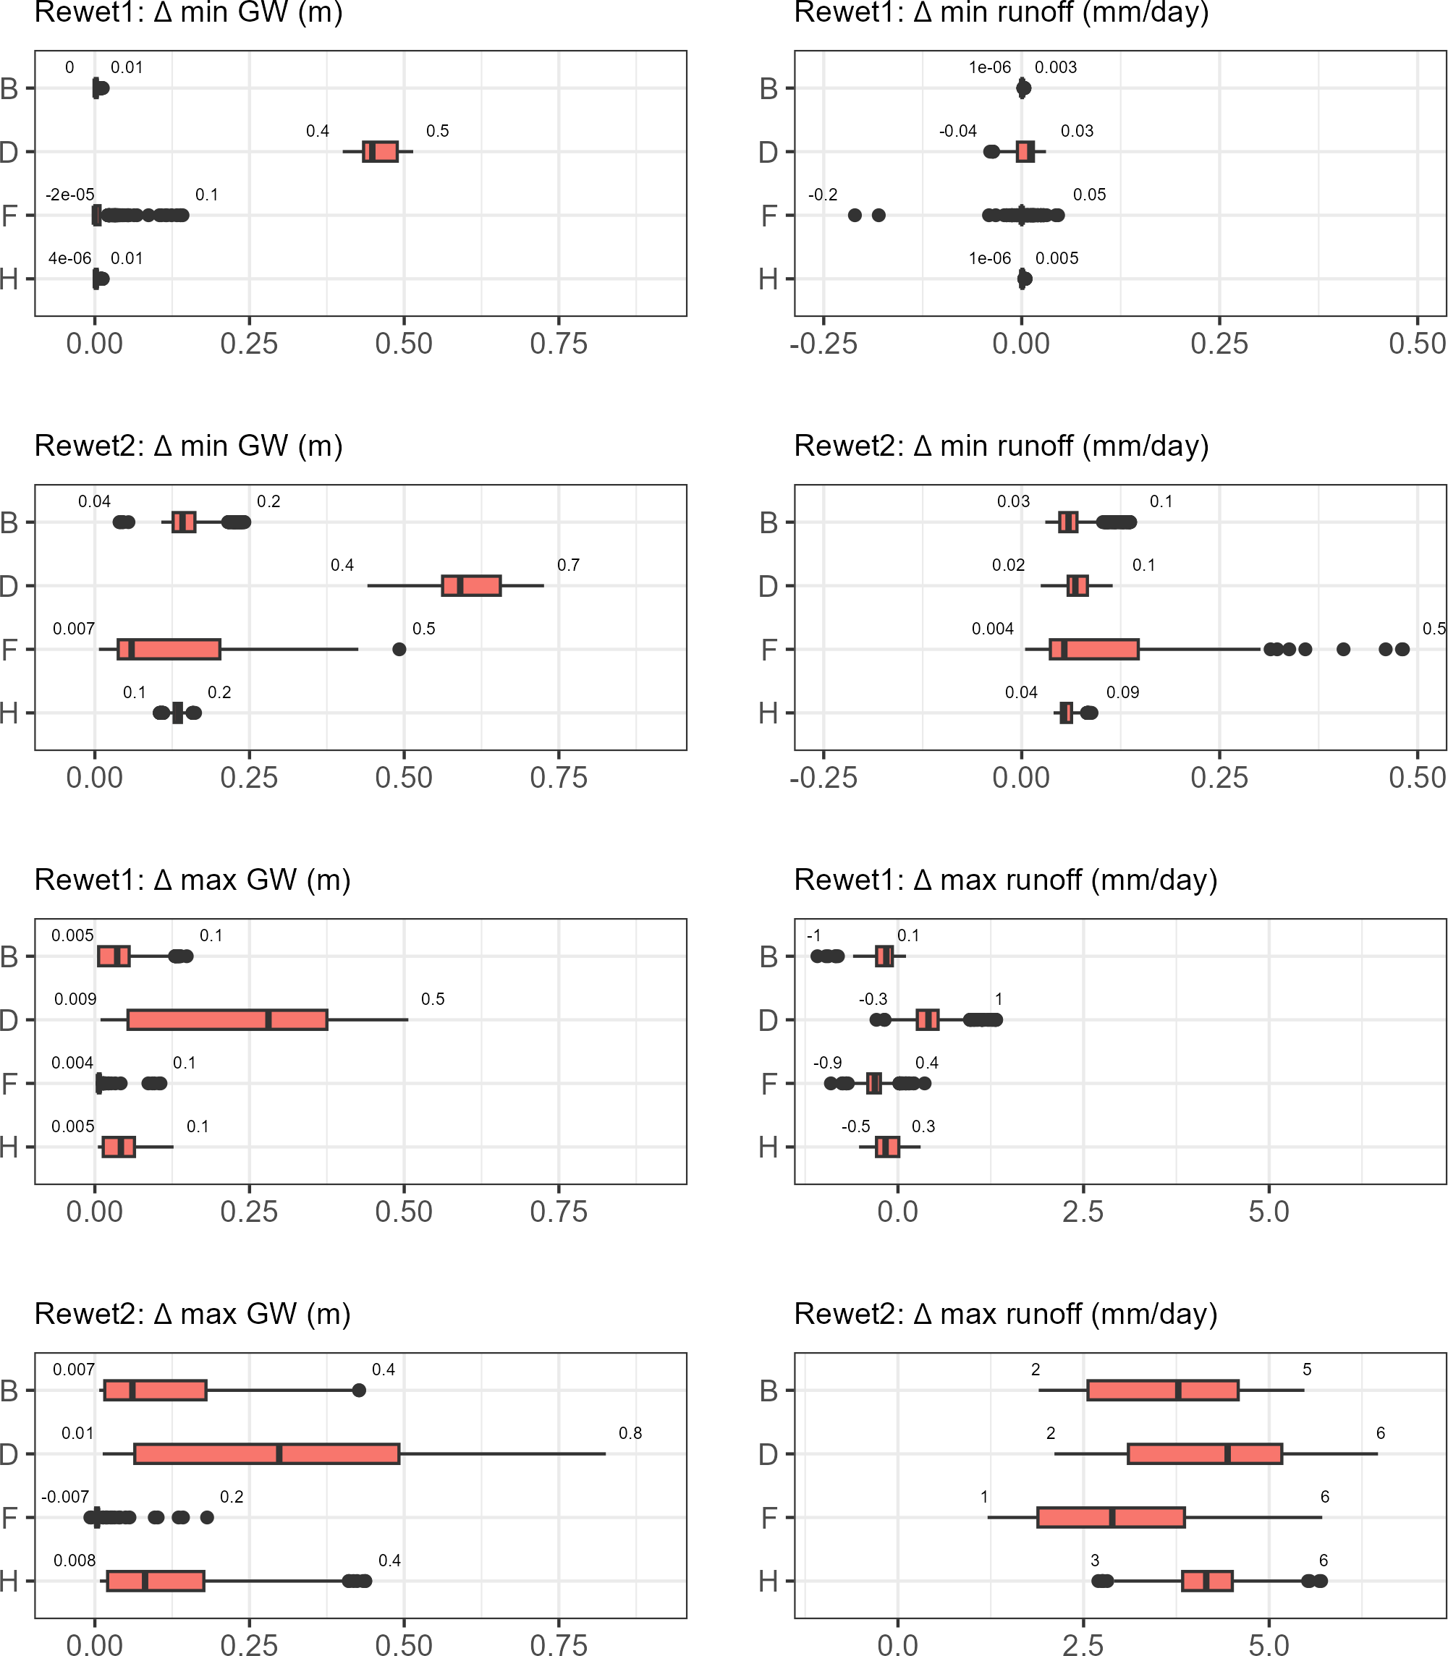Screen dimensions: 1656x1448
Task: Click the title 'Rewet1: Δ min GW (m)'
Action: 188,13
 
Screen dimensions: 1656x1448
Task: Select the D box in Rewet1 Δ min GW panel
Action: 380,152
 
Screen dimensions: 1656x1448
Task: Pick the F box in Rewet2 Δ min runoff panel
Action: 1094,650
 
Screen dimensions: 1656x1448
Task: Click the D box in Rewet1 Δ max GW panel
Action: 227,1019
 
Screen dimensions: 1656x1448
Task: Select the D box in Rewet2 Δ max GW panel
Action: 266,1454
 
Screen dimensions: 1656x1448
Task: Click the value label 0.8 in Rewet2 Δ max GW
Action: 630,1433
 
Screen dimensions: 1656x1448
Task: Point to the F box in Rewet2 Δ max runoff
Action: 1111,1517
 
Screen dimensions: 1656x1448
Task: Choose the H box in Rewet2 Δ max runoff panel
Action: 1207,1581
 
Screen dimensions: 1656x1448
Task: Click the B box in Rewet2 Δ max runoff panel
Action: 1163,1390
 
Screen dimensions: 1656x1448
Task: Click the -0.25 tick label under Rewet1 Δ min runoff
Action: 824,344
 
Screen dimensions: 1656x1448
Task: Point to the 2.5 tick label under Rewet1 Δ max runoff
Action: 1083,1212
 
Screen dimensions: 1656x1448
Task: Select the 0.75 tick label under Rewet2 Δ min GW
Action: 559,778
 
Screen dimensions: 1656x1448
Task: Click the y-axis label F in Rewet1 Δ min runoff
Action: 769,216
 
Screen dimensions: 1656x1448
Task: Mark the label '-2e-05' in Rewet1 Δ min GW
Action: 69,195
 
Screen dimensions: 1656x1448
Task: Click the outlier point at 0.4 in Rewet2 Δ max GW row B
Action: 359,1390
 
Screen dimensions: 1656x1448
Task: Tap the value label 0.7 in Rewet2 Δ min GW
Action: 568,564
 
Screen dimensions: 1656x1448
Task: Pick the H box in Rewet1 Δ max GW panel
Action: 119,1147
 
